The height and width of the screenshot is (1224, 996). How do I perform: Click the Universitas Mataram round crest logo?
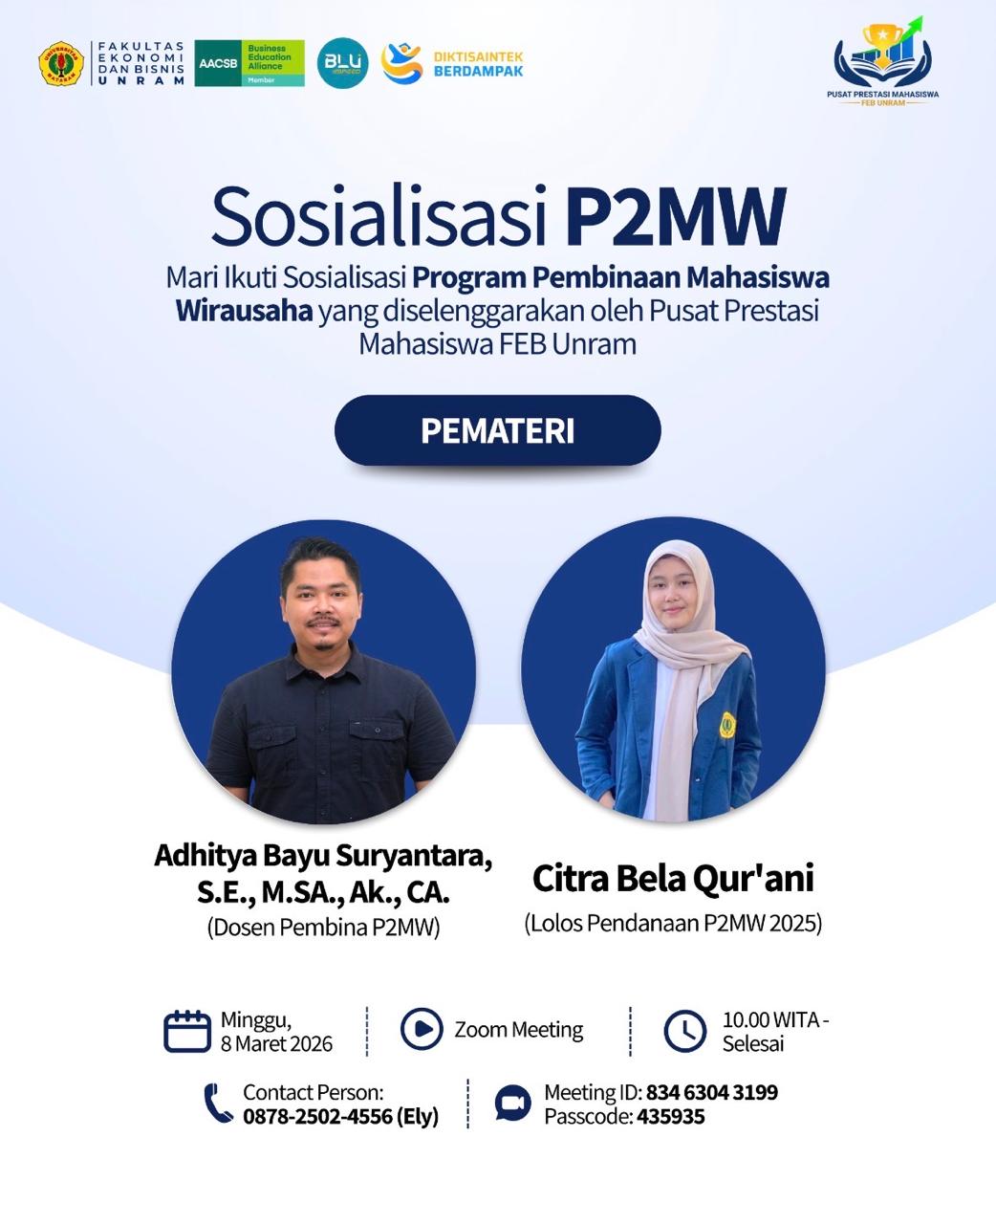(61, 63)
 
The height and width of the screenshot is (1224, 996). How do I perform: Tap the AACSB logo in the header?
(249, 63)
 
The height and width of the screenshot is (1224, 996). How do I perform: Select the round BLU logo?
(343, 63)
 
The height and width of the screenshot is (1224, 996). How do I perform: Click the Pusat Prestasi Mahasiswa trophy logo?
(883, 61)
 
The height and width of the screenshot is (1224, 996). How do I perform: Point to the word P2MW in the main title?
(676, 216)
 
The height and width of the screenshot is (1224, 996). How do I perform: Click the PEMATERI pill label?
(497, 430)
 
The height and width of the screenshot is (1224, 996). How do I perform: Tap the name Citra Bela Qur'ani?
(673, 878)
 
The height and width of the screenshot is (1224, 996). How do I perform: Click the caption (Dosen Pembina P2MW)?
(323, 927)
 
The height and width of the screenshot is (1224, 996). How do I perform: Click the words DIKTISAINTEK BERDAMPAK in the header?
(479, 64)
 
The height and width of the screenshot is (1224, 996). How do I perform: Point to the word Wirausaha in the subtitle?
(244, 311)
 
